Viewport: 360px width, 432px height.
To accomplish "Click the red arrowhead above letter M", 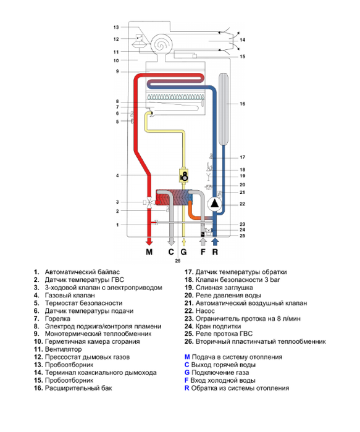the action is (149, 242).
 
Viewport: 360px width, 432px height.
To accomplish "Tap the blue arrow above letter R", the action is (215, 242).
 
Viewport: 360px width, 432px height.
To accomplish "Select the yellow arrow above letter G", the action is (183, 242).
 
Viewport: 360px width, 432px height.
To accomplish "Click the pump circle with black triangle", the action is (215, 204).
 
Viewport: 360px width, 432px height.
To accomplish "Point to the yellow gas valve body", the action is (184, 175).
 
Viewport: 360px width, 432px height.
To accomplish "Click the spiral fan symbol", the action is (161, 44).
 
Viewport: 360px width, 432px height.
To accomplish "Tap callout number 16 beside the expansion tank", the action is (242, 104).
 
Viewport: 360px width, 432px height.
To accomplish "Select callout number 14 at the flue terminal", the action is (242, 39).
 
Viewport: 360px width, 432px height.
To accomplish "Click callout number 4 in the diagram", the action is (117, 175).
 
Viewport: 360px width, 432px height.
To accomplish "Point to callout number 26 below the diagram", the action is (178, 260).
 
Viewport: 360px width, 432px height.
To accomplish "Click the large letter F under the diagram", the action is (203, 252).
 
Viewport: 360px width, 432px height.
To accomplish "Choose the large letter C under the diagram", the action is (171, 252).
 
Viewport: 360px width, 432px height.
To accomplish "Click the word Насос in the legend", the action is (205, 311).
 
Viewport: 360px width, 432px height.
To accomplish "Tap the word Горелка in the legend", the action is (57, 318).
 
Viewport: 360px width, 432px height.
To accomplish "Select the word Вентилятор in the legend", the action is (64, 349).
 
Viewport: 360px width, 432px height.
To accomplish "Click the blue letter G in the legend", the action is (187, 373).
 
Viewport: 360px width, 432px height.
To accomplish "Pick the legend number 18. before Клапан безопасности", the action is (188, 280).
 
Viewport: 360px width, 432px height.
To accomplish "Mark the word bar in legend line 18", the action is (275, 280).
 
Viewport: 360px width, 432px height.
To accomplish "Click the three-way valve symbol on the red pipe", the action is (149, 202).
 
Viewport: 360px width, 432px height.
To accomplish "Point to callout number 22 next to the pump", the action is (242, 204).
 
